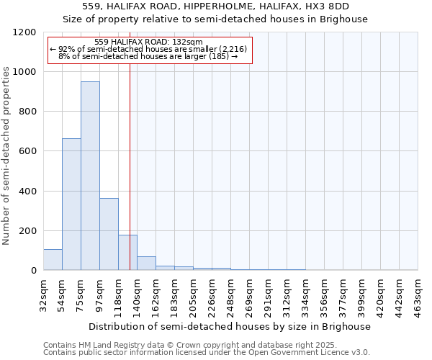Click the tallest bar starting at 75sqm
[x=90, y=176]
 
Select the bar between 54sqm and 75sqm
[x=71, y=204]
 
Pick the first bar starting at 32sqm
[x=53, y=259]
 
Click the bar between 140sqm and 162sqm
[x=146, y=263]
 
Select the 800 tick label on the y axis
[x=27, y=112]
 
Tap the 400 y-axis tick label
[x=27, y=192]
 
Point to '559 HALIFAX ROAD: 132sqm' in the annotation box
[x=149, y=42]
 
